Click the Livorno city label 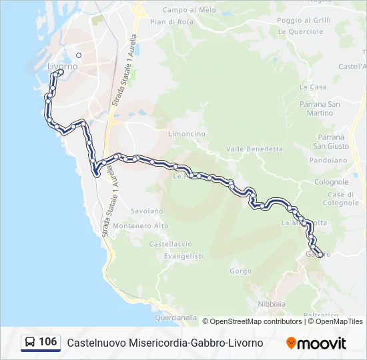(x=63, y=67)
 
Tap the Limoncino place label (x=187, y=133)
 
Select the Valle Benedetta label (x=255, y=149)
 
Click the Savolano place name (x=147, y=211)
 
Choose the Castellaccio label (x=170, y=244)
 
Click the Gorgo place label (x=240, y=271)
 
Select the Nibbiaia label (x=272, y=303)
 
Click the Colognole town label (x=331, y=181)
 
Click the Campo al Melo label (x=190, y=10)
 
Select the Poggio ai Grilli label (x=304, y=20)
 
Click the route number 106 (x=47, y=342)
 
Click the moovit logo (x=316, y=343)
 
